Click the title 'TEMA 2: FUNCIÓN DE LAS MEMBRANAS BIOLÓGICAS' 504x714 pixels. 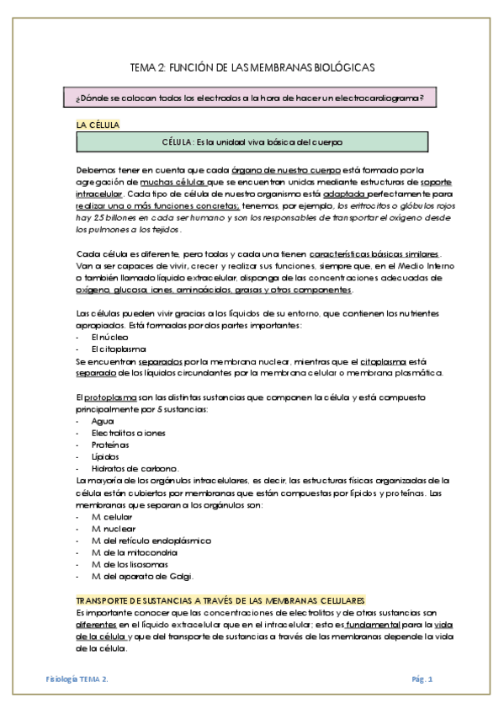coord(252,67)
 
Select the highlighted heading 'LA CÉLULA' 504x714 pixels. coord(98,125)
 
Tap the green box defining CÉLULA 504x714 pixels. coord(252,142)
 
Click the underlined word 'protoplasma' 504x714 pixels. coord(111,396)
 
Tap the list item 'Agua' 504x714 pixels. coord(102,420)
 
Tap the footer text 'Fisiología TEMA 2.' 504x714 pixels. coord(77,678)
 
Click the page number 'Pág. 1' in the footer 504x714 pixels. coord(422,678)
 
